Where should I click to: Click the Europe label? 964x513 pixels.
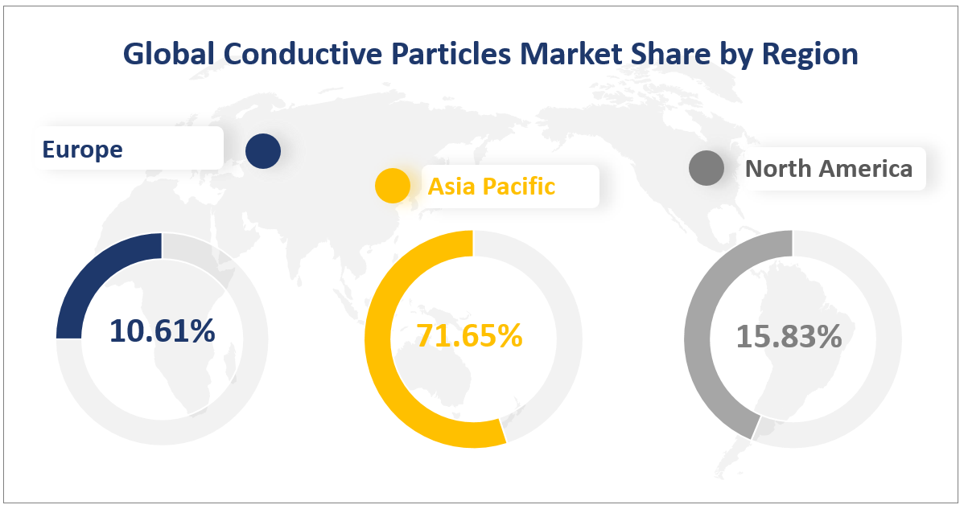(83, 150)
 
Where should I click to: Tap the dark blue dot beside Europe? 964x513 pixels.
(263, 151)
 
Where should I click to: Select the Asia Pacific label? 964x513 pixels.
(491, 187)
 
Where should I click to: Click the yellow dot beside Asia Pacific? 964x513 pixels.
(393, 187)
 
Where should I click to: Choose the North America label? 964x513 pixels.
(829, 169)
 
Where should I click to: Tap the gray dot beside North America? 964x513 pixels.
(707, 169)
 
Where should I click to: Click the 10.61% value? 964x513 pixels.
(162, 331)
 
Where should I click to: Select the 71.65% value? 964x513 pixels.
(469, 336)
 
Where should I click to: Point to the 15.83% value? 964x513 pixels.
(789, 337)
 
